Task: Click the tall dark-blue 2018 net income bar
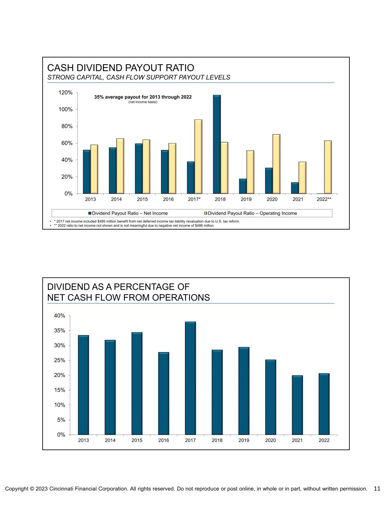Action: point(217,144)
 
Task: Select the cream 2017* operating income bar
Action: point(198,157)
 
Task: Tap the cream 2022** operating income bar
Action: point(328,167)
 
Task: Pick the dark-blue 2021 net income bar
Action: point(295,188)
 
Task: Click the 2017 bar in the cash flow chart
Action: point(190,378)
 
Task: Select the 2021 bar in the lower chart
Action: point(297,405)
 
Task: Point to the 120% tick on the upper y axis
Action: point(66,92)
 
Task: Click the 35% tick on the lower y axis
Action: point(60,331)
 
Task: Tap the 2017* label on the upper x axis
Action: point(194,199)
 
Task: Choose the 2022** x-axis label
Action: point(324,199)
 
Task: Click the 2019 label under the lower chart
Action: point(244,441)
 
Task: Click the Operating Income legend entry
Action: point(252,213)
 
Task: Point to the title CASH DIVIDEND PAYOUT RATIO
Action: point(121,68)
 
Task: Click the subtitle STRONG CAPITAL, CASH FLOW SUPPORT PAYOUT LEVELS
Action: point(139,77)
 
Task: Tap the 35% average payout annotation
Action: point(143,97)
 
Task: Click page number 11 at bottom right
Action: point(377,489)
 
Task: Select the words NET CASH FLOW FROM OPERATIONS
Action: point(129,298)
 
